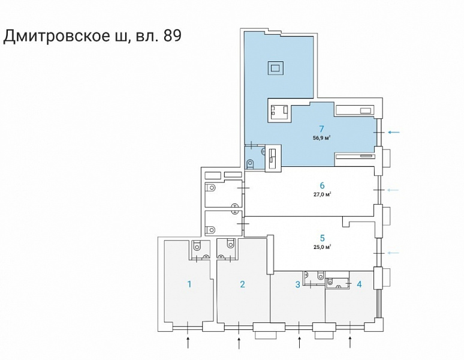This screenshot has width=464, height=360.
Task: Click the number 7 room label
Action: tap(321, 129)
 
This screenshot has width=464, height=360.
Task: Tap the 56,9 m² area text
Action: tap(322, 137)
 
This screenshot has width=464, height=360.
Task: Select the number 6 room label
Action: tap(322, 185)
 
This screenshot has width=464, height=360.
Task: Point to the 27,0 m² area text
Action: tap(323, 194)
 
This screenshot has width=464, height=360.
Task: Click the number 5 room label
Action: tap(323, 238)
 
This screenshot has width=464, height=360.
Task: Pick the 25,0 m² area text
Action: tap(323, 247)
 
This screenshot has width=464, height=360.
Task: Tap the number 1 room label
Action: tap(189, 284)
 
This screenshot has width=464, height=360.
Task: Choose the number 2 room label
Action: tap(242, 284)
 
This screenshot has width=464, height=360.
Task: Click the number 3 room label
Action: tap(298, 284)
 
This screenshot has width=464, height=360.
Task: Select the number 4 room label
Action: tap(359, 284)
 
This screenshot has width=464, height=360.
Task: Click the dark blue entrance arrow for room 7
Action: tap(394, 132)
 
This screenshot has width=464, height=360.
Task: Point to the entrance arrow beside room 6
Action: tap(393, 190)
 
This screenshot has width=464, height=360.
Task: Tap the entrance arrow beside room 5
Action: tap(393, 253)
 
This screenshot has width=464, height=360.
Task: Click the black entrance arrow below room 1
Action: tap(188, 341)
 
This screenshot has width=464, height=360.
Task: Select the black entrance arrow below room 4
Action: tap(350, 341)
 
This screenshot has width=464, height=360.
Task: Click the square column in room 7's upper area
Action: tap(276, 68)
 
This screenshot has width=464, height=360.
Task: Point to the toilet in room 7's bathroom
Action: tap(250, 164)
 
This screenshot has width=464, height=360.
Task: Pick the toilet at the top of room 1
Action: tap(197, 245)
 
